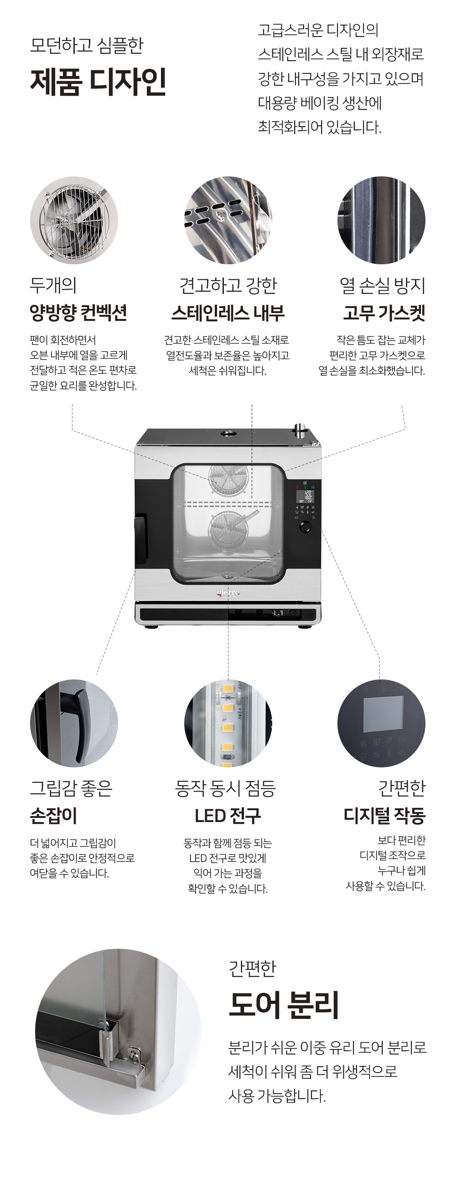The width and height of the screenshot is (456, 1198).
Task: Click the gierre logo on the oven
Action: click(228, 592)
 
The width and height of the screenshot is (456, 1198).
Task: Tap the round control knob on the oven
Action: click(305, 527)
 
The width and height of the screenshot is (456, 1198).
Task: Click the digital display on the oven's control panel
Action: click(308, 496)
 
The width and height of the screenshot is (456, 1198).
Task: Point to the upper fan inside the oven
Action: click(228, 479)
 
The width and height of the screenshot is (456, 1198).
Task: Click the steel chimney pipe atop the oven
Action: click(300, 431)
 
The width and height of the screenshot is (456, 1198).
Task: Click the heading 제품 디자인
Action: click(98, 82)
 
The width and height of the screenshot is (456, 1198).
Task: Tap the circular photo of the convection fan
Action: click(74, 220)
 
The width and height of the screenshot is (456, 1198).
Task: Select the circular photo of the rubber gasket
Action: click(381, 220)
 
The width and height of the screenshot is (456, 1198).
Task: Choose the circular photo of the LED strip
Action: click(228, 723)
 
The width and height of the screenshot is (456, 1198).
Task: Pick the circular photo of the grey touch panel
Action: click(381, 723)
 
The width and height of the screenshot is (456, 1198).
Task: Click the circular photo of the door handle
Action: click(74, 723)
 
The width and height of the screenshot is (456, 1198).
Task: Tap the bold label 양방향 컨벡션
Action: click(78, 313)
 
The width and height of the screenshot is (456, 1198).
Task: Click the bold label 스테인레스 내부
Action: click(228, 313)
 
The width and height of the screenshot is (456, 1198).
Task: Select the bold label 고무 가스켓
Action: click(384, 313)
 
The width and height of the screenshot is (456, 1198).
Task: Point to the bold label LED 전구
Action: click(228, 815)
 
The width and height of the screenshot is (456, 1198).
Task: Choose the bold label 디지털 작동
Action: click(384, 815)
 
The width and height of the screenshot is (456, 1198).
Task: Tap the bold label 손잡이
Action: click(53, 815)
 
